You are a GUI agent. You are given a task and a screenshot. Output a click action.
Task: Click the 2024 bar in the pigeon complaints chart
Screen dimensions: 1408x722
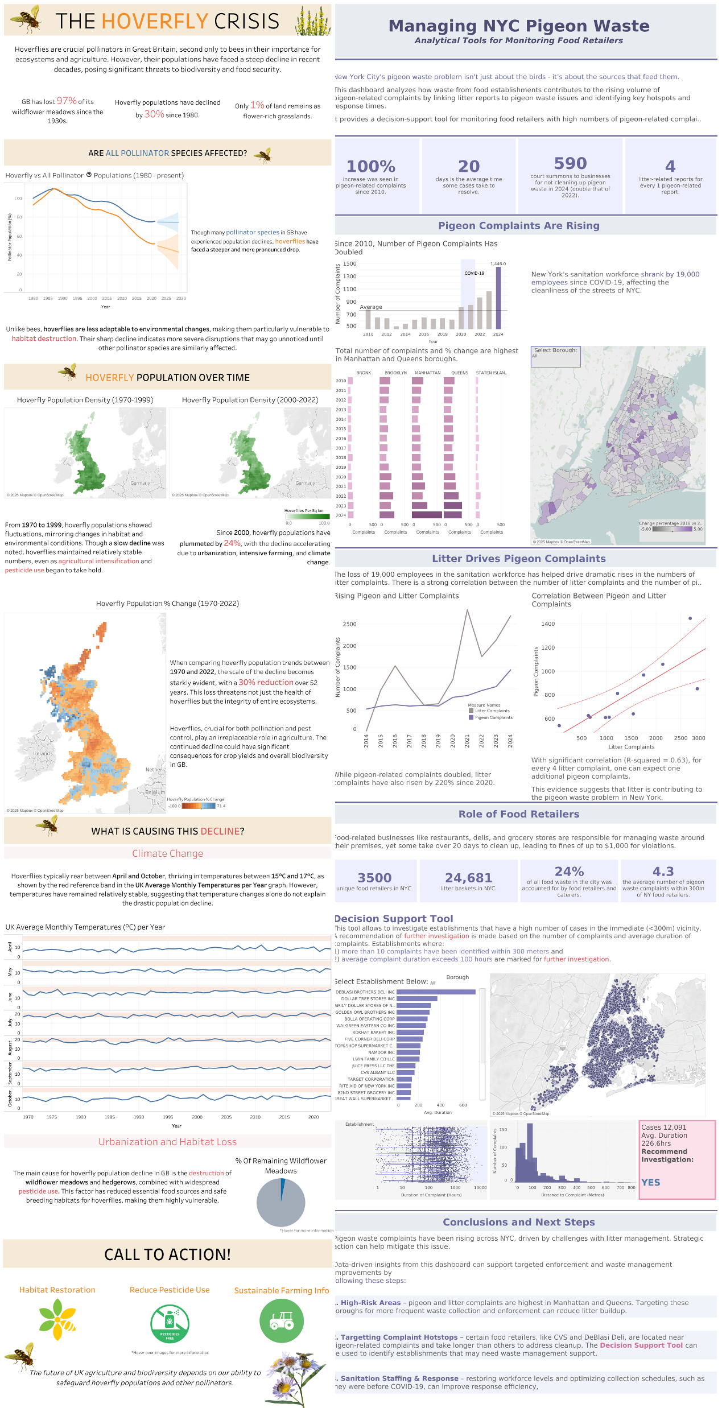pos(498,298)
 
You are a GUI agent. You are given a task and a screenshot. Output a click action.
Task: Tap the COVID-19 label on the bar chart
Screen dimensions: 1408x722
pos(474,273)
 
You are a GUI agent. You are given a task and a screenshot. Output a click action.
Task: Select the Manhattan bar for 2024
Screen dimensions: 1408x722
pos(427,515)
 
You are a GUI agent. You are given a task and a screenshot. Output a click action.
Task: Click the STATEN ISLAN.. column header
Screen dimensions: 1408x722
pos(491,373)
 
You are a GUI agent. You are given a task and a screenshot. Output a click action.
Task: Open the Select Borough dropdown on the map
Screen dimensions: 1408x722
pos(555,356)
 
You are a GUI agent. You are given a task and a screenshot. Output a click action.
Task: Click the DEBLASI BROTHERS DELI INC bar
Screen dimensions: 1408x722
pos(436,992)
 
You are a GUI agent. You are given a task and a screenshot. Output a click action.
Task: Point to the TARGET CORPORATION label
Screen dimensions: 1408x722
pos(371,1079)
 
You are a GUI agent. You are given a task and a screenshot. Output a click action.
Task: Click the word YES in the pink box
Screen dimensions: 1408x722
pos(650,1182)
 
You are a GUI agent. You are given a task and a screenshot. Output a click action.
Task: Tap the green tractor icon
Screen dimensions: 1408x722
pos(282,1321)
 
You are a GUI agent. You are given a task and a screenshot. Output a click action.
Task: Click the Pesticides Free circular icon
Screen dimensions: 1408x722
pos(170,1323)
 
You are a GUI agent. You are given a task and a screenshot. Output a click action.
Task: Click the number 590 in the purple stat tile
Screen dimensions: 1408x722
pos(570,164)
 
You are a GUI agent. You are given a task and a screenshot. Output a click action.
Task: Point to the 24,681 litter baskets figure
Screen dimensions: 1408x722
pos(468,878)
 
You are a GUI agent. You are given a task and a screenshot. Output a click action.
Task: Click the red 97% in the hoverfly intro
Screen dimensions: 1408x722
pos(67,101)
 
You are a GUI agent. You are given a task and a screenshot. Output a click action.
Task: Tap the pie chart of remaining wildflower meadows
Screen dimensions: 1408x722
pos(281,1202)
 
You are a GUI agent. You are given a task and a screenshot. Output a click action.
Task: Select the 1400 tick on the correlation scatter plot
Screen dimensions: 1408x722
pos(547,624)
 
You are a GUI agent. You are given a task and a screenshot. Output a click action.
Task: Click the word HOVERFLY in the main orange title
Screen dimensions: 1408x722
pos(155,21)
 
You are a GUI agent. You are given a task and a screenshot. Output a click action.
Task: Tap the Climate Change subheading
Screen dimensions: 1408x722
pos(167,853)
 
